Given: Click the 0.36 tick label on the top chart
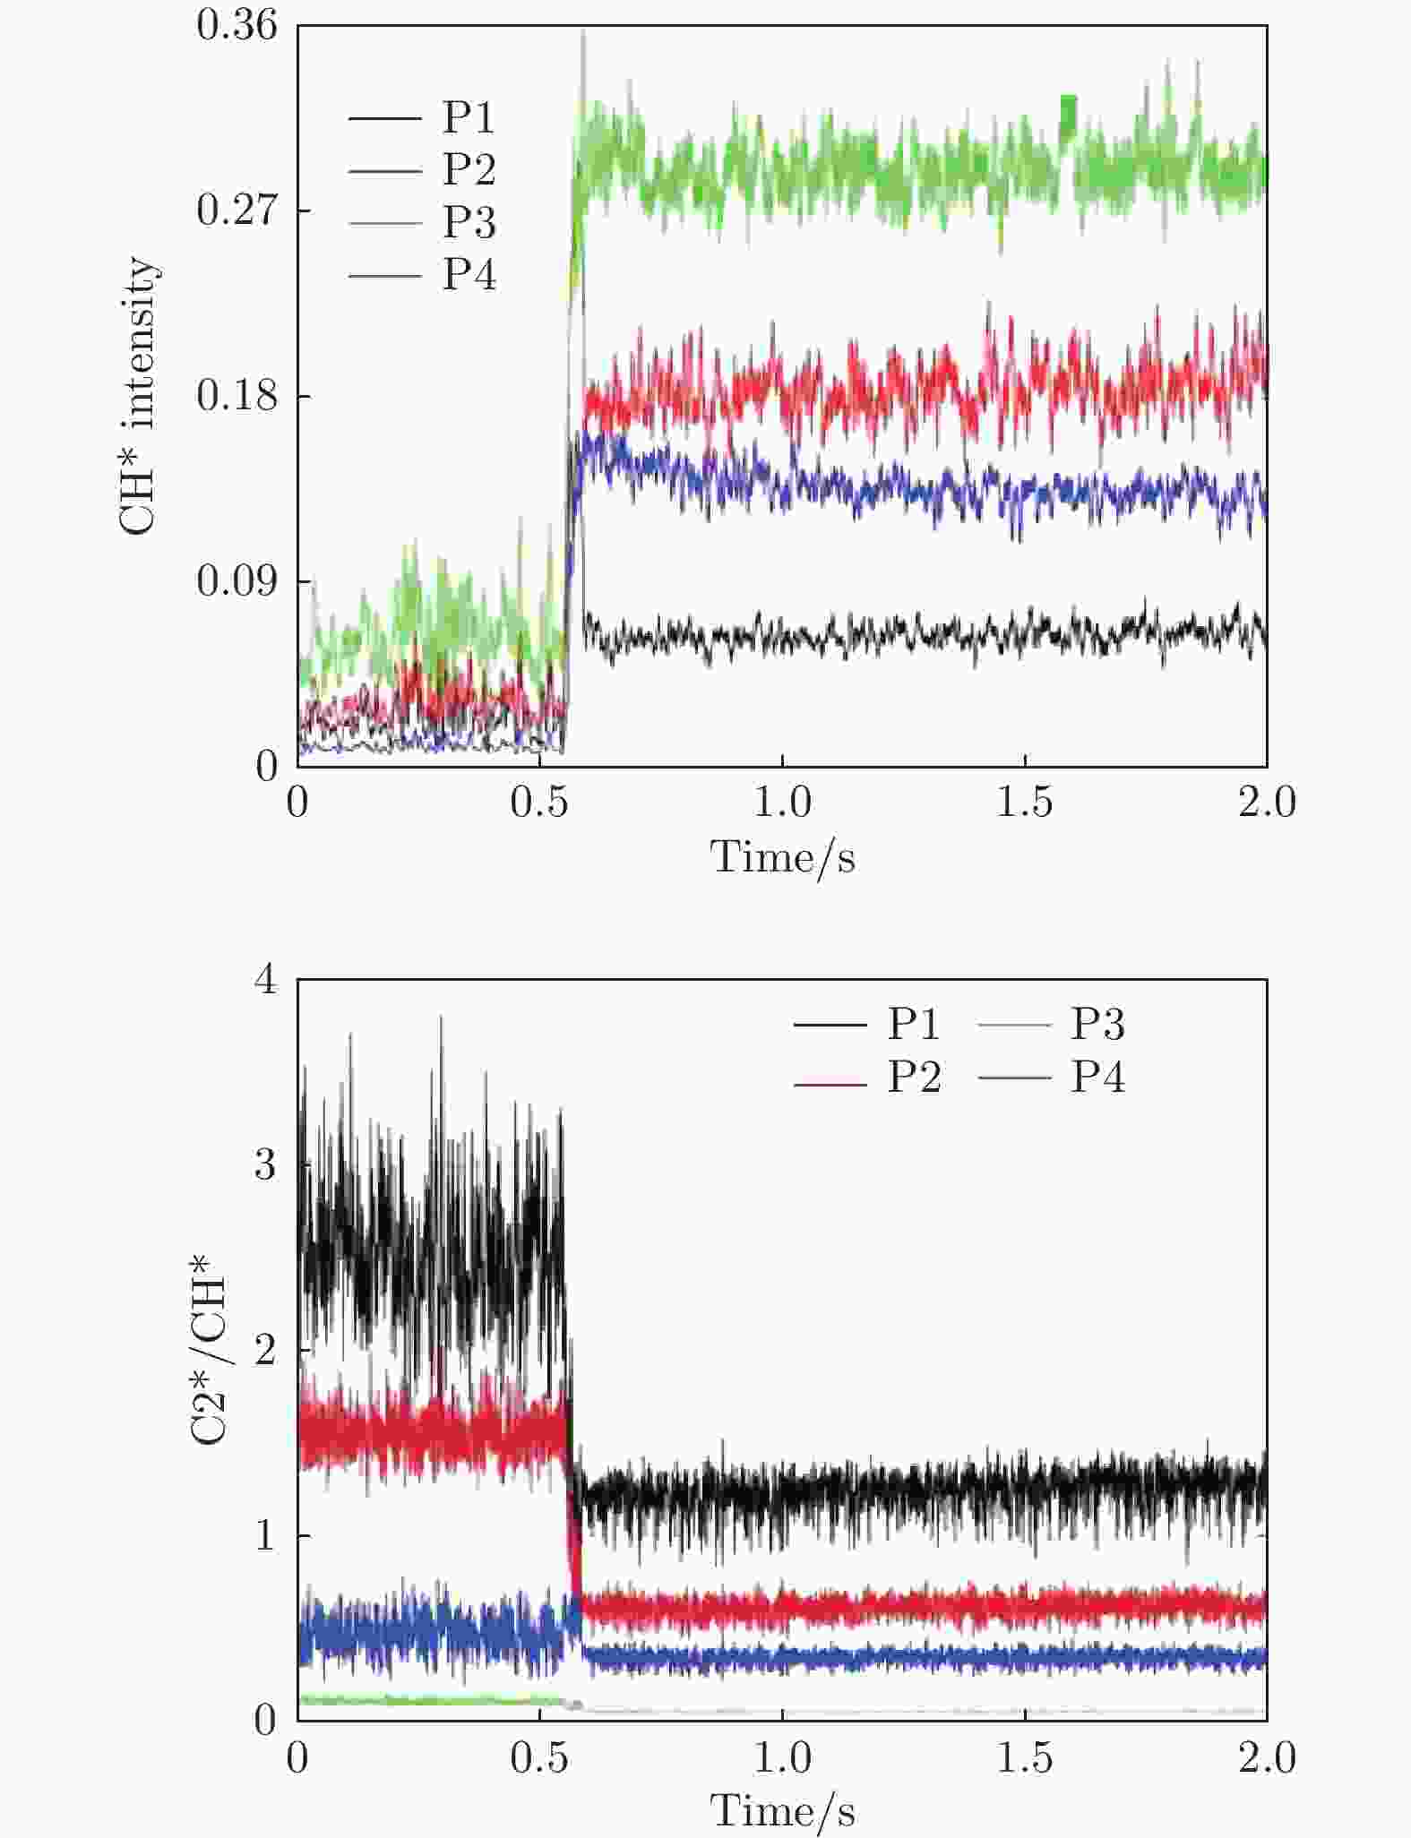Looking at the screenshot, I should (x=237, y=25).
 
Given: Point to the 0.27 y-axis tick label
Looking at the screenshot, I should (x=237, y=210).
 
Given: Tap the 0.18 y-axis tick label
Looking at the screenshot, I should (x=237, y=396).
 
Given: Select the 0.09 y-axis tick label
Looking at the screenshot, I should (x=237, y=581).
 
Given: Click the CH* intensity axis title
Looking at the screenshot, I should (x=138, y=396).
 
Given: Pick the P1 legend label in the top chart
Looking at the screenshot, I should (x=469, y=117).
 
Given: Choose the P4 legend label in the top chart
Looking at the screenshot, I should (x=469, y=274).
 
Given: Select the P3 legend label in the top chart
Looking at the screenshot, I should (x=469, y=222).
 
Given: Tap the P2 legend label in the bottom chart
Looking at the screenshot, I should (x=914, y=1077).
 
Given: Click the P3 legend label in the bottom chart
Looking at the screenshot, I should (x=1097, y=1024).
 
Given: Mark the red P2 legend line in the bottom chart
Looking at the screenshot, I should (x=830, y=1085).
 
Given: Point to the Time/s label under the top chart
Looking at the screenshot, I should (x=782, y=858).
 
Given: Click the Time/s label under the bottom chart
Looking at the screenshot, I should (x=782, y=1811).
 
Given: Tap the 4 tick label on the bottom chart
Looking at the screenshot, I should (x=266, y=980).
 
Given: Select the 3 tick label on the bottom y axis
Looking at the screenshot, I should (x=266, y=1165).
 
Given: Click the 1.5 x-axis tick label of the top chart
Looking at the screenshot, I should (x=1025, y=802).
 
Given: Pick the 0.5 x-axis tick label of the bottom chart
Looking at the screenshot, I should (x=539, y=1757).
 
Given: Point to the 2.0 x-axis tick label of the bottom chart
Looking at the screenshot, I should (x=1267, y=1757).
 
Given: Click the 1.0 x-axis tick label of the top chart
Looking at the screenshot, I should (x=782, y=802).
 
